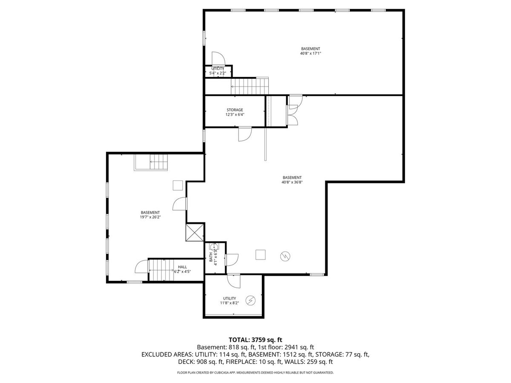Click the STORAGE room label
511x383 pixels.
235,110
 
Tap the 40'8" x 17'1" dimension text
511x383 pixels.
310,53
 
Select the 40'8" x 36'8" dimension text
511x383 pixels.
292,182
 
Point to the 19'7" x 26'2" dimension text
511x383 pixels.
150,217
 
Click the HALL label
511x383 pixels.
182,267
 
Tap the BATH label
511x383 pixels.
211,257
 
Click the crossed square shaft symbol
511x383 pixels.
195,232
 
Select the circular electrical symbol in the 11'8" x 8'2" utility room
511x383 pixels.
250,300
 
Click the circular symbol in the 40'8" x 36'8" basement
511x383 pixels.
285,256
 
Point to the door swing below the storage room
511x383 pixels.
245,134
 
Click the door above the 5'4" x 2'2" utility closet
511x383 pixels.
218,59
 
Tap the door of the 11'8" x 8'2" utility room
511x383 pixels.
234,282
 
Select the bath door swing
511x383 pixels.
232,260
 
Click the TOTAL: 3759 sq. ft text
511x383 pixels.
255,340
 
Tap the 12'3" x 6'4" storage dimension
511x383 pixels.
235,114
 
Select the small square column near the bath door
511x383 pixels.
261,254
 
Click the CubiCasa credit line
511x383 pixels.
255,372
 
